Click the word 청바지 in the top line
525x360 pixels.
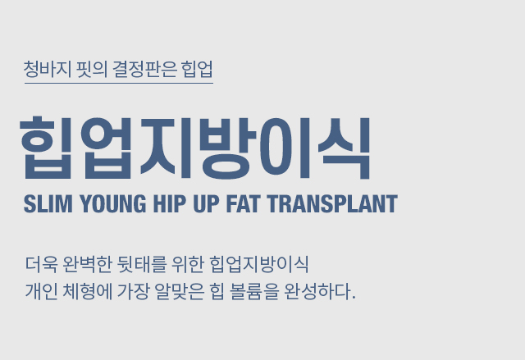pos(48,69)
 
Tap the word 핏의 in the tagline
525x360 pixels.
pos(92,69)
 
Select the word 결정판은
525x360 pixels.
pos(144,69)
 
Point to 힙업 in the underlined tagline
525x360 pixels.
pos(197,69)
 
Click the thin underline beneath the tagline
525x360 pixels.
pos(119,83)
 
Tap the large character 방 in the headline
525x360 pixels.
pos(228,148)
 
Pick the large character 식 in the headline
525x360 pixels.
pos(344,148)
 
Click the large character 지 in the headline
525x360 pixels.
pos(166,148)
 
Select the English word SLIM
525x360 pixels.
pos(48,203)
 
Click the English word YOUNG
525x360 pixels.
pos(113,203)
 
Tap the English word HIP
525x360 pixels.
pos(170,203)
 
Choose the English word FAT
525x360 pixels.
pos(244,203)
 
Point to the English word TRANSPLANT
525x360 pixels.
pos(332,203)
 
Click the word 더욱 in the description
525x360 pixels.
pos(42,264)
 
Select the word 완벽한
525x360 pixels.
pos(87,264)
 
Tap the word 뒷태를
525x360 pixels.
pos(142,264)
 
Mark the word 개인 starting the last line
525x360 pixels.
pos(42,291)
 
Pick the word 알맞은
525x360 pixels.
pos(180,291)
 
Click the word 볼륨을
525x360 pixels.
pos(254,291)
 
